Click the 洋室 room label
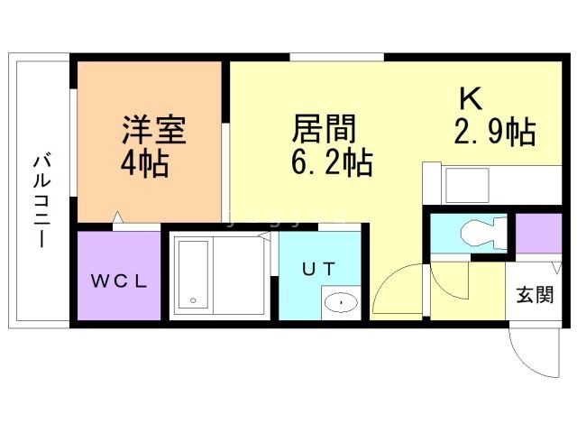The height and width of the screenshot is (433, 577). click(x=154, y=130)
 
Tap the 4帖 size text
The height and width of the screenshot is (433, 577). click(x=144, y=163)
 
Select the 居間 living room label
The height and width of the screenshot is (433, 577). click(x=324, y=128)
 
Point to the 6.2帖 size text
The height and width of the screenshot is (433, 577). click(x=332, y=162)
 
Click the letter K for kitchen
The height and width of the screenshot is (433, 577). click(x=471, y=98)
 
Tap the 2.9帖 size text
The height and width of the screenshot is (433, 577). click(x=495, y=132)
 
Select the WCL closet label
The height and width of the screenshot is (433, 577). click(x=119, y=281)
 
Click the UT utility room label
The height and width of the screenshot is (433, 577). click(x=318, y=269)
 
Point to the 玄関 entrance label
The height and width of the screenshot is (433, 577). click(x=535, y=295)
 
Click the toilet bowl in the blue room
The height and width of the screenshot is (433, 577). click(x=483, y=234)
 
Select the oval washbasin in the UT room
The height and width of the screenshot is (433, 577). click(x=341, y=303)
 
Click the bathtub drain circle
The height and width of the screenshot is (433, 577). click(x=193, y=300)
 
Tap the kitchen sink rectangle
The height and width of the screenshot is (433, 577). click(x=467, y=185)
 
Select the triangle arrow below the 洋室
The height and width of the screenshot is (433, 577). click(x=118, y=216)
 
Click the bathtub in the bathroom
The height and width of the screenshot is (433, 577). click(x=193, y=275)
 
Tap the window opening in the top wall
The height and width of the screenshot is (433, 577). click(x=336, y=57)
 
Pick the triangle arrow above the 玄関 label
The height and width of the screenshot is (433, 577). click(x=557, y=268)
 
